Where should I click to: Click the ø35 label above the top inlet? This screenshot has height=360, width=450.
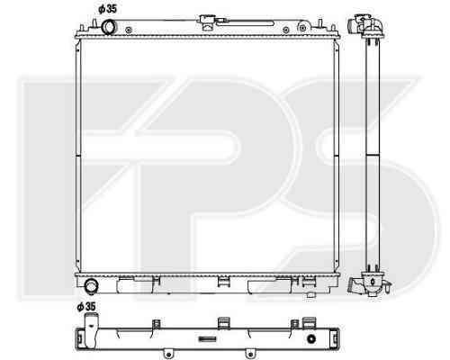pos(107,9)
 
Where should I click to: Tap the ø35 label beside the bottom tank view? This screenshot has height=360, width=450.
pos(86,307)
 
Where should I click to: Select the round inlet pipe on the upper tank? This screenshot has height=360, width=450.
pos(108,27)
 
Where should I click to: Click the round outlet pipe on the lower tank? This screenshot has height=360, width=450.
pos(91,286)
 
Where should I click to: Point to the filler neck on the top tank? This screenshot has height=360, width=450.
pos(207,22)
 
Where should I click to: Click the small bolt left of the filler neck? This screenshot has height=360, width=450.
pos(129,30)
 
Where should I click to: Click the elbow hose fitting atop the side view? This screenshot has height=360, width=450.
pos(365,24)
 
